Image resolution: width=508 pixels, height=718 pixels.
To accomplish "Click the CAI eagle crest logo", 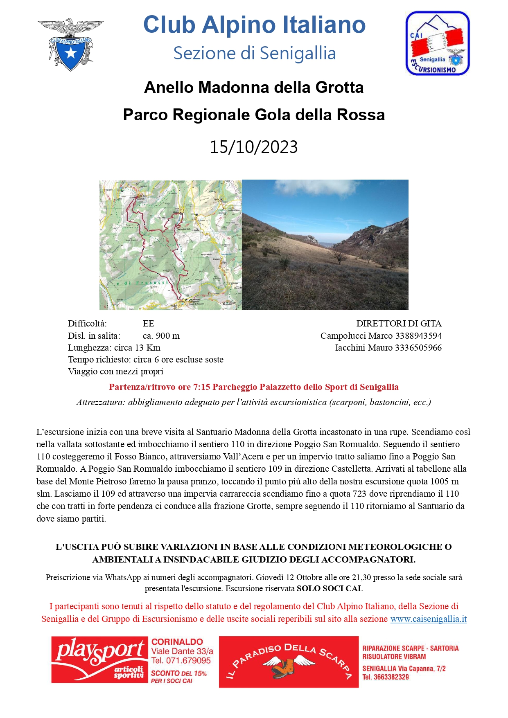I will coord(71,44).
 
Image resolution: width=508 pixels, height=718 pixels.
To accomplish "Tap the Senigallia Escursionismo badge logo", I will coord(437,43).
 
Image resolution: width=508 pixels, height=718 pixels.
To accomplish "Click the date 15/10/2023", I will coord(254,147).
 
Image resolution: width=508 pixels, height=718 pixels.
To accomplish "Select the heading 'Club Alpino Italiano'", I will coord(254,25).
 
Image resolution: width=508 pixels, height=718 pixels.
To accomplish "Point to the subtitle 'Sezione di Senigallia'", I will coord(254,53).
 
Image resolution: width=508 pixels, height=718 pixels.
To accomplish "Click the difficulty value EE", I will coord(148,324).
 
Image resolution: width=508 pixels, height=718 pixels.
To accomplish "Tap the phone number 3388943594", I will coord(418,336).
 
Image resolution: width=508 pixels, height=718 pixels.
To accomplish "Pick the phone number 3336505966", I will coord(418,348).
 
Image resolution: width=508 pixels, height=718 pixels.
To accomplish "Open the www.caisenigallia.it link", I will coord(428,619).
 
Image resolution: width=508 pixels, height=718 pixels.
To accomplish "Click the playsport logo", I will coord(99,659).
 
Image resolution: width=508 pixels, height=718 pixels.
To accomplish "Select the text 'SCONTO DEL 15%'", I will coord(179,673).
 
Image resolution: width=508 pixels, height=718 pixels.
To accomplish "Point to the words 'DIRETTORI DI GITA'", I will coord(399,324).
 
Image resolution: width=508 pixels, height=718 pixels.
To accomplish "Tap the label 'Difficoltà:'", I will coord(87,324).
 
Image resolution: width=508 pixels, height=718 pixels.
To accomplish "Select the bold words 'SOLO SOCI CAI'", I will coord(329,589).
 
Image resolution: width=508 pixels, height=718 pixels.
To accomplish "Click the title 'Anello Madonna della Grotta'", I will coord(254,88).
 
